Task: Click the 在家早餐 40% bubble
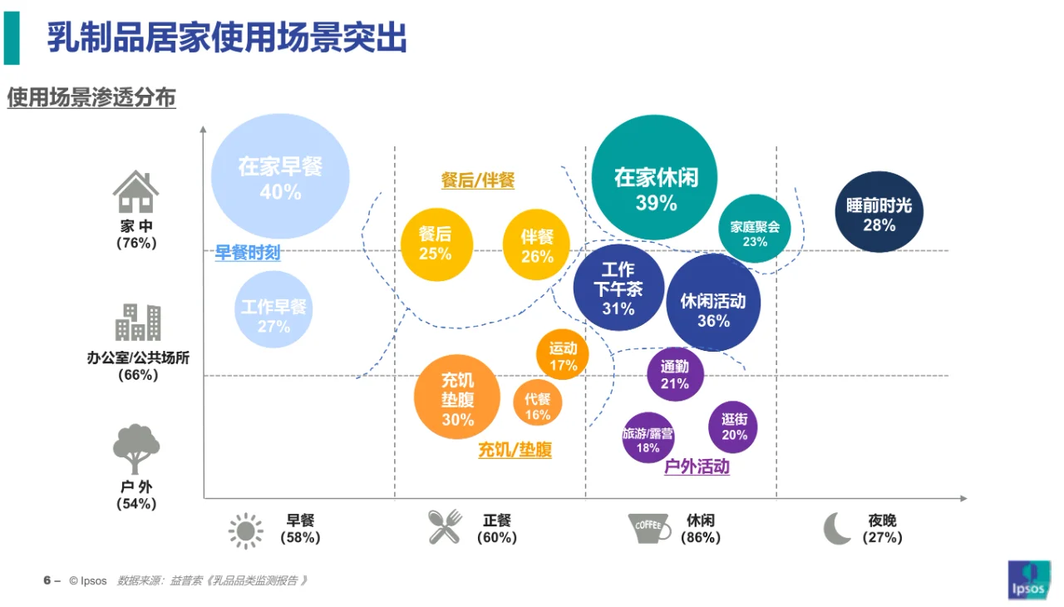[280, 177]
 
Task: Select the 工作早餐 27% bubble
[273, 309]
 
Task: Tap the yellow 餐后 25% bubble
[436, 244]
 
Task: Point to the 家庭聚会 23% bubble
[755, 229]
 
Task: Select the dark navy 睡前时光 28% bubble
[879, 212]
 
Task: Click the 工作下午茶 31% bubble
[618, 288]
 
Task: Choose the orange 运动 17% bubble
[563, 355]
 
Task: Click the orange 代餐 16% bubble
[537, 404]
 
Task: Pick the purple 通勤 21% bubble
[675, 374]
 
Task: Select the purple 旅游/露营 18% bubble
[648, 438]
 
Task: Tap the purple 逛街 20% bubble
[733, 427]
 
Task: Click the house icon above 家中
[136, 192]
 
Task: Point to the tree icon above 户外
[136, 449]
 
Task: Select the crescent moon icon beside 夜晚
[837, 528]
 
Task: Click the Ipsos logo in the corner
[1029, 580]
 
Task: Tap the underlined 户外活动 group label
[697, 467]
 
